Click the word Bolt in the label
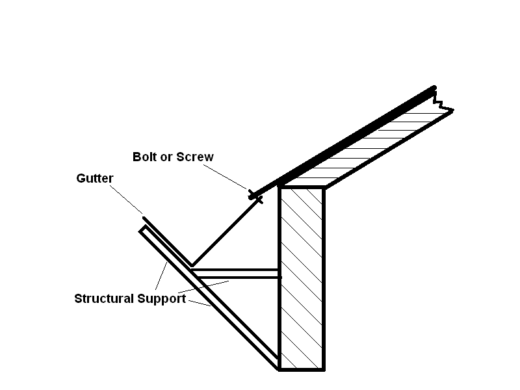(x=145, y=157)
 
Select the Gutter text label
(x=95, y=178)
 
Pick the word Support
(x=161, y=299)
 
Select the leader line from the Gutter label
(x=126, y=200)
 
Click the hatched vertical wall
(x=302, y=279)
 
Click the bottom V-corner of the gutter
(x=190, y=265)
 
